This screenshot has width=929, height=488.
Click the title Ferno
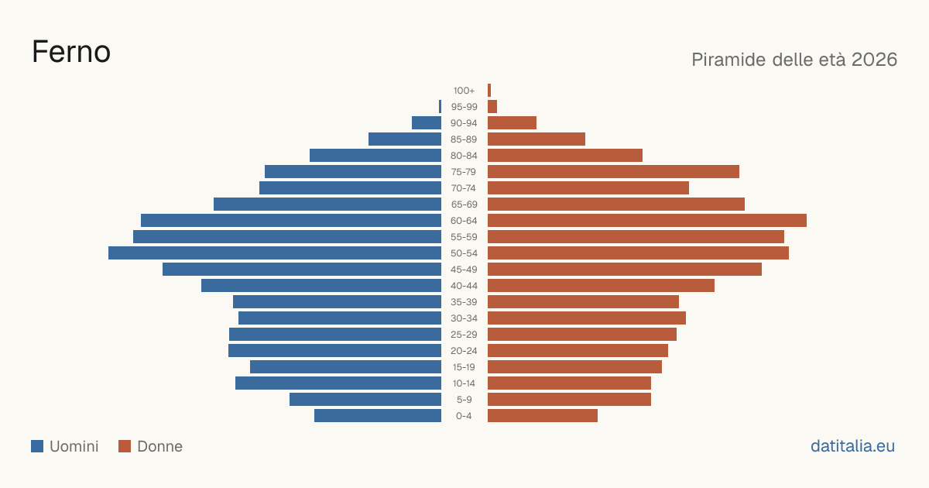71,52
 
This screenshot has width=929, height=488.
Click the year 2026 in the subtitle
874,60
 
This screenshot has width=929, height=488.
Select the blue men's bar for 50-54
275,253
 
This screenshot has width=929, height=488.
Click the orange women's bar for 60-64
647,220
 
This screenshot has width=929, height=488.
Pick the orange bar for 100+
489,91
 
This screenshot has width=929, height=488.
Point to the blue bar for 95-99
440,107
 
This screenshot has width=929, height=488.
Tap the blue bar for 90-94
427,123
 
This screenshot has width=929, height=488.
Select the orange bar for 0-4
543,416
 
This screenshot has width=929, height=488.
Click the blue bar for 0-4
378,416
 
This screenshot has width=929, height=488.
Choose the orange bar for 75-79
613,172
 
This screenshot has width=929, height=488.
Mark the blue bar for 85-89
405,139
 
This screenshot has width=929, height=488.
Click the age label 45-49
464,270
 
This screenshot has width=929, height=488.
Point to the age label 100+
464,91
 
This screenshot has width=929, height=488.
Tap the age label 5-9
464,400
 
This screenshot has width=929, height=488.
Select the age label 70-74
464,188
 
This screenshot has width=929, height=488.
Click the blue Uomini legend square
37,446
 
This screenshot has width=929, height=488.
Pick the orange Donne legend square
125,446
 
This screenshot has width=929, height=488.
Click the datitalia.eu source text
852,446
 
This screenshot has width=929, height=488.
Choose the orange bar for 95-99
492,107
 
